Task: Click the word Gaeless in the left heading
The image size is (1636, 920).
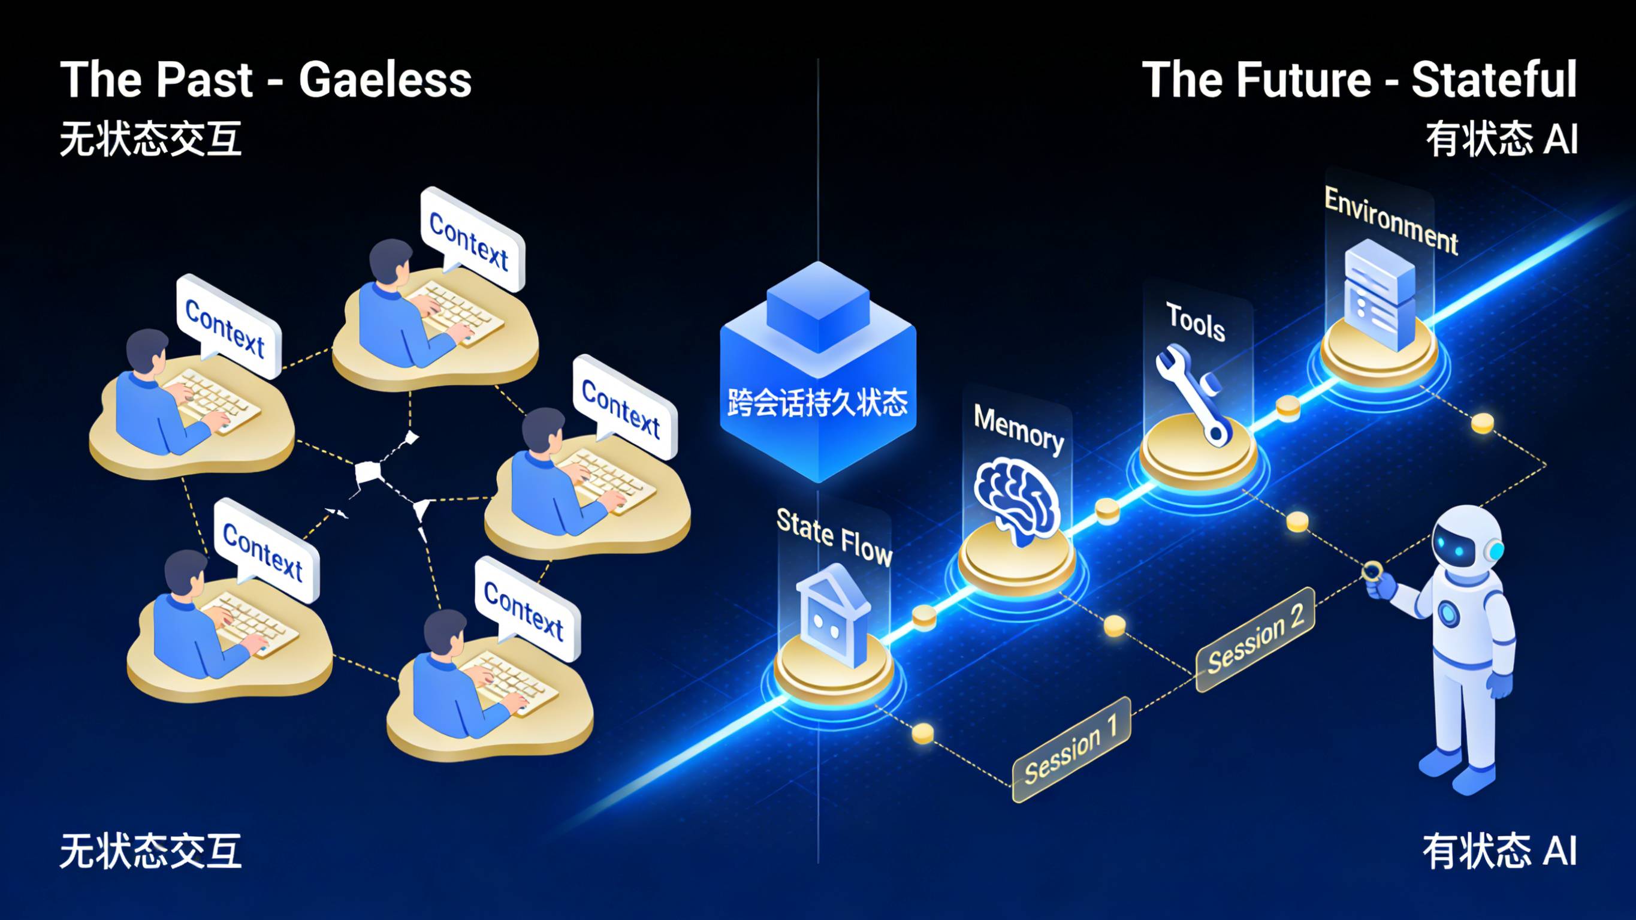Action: [x=385, y=80]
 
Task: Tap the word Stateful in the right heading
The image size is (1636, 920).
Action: [x=1494, y=80]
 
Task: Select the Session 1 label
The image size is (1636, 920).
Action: [x=1071, y=750]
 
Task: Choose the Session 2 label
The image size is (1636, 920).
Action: [x=1255, y=639]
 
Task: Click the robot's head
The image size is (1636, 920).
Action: [x=1467, y=540]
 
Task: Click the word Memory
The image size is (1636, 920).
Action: [x=1019, y=429]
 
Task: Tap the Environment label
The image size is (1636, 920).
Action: [x=1391, y=221]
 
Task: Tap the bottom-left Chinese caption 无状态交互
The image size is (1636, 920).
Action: [x=150, y=852]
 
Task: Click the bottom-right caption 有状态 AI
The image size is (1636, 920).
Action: [x=1499, y=852]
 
